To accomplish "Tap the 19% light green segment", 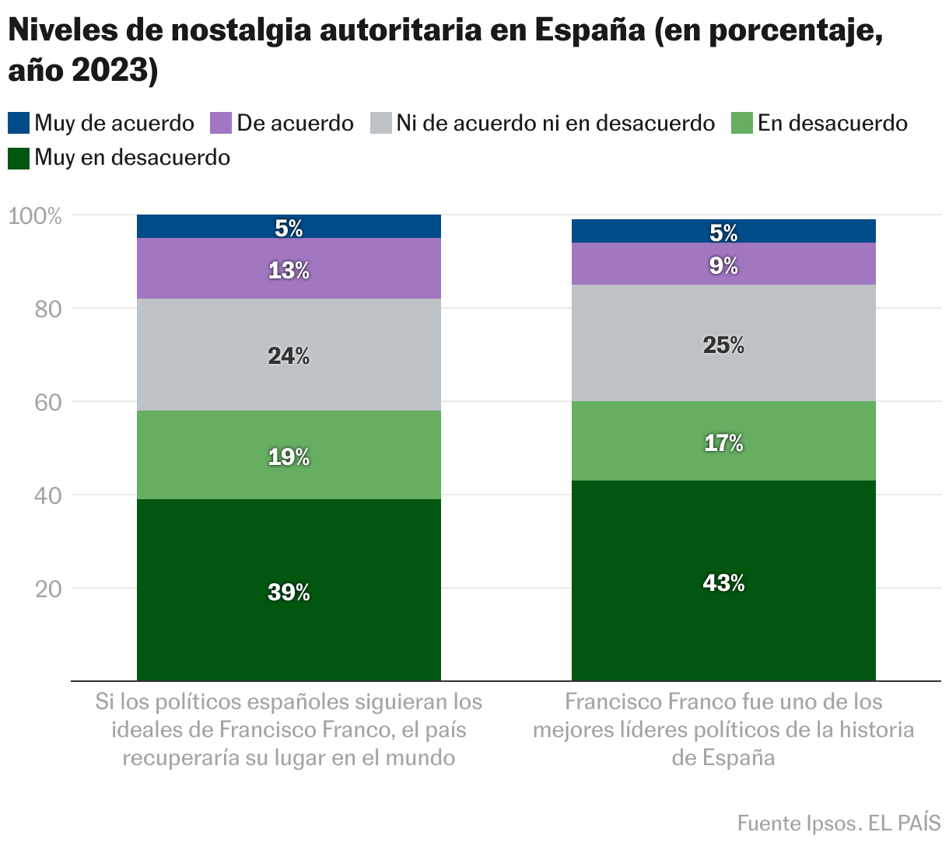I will pyautogui.click(x=289, y=455).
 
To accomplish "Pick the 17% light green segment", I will pyautogui.click(x=723, y=441).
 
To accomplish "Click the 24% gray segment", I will pyautogui.click(x=289, y=355).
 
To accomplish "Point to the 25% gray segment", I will pyautogui.click(x=723, y=343).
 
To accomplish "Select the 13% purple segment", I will pyautogui.click(x=289, y=268).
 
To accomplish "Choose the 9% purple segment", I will pyautogui.click(x=723, y=264).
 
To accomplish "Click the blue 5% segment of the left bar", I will pyautogui.click(x=289, y=226).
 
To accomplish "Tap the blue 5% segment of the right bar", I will pyautogui.click(x=723, y=231).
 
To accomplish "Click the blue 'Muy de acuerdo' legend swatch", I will pyautogui.click(x=19, y=123).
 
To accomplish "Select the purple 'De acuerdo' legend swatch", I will pyautogui.click(x=221, y=123).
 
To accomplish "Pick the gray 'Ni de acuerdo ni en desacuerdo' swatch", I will pyautogui.click(x=380, y=123).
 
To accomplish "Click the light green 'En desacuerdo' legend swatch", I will pyautogui.click(x=742, y=123).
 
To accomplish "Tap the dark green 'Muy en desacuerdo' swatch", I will pyautogui.click(x=19, y=158).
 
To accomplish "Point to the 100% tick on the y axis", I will pyautogui.click(x=35, y=215).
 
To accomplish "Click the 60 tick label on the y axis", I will pyautogui.click(x=48, y=402).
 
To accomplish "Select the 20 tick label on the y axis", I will pyautogui.click(x=48, y=589).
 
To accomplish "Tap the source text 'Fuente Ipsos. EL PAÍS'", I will pyautogui.click(x=839, y=823).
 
